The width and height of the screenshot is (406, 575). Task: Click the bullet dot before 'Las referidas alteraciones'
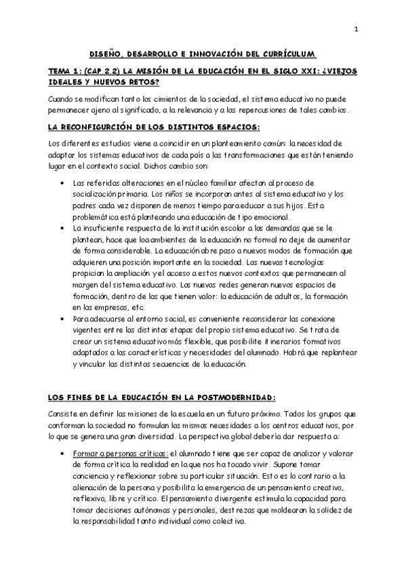click(62, 184)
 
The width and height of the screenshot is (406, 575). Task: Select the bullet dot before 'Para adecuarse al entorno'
click(62, 317)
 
